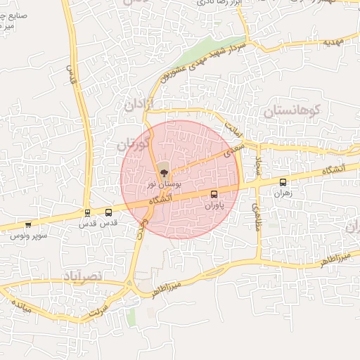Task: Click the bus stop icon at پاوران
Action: [x=214, y=194]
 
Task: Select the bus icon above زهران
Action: [x=283, y=181]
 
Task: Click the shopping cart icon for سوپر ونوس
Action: [x=27, y=225]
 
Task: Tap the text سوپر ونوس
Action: [x=28, y=236]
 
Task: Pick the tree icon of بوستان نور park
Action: [x=163, y=169]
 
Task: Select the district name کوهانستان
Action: [x=292, y=110]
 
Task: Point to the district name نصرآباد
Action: [x=83, y=273]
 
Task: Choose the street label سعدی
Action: [x=234, y=149]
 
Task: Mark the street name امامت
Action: [x=233, y=127]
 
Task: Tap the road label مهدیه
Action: [x=334, y=42]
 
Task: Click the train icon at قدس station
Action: [x=87, y=212]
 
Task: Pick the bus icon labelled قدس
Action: [x=108, y=212]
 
